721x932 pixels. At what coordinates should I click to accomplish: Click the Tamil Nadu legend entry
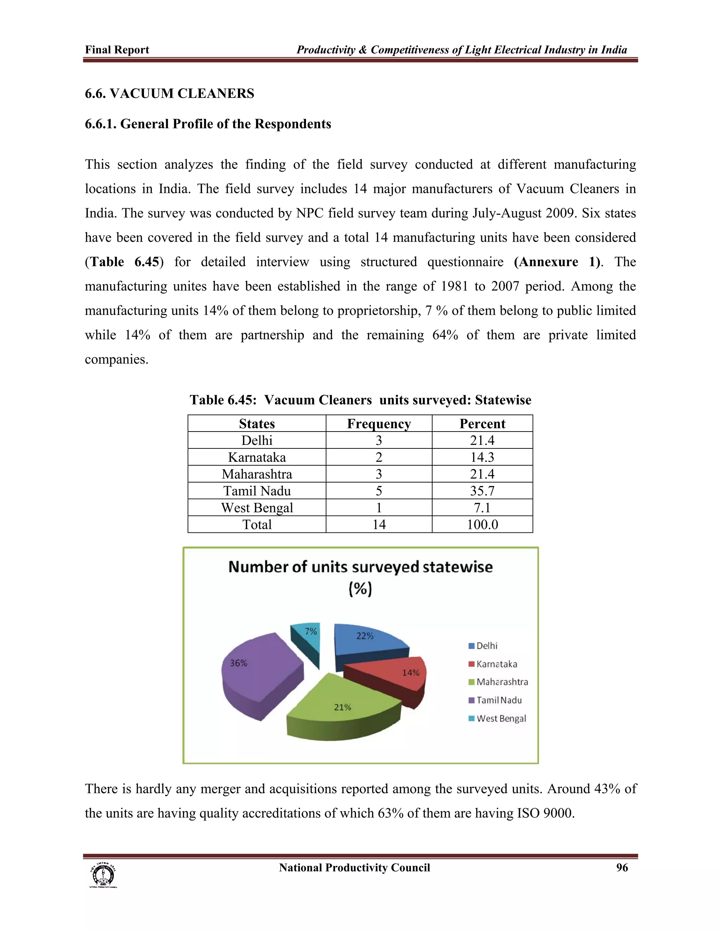coord(499,700)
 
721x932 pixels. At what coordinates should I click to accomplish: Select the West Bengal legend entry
coord(501,719)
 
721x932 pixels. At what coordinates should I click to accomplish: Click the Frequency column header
coord(378,424)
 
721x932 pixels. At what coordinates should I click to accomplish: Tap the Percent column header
coord(482,424)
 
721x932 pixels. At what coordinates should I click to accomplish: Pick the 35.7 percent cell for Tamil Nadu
coord(482,491)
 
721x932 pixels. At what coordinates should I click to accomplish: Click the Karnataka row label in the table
coord(257,457)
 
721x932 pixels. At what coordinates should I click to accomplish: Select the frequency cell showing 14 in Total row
coord(378,524)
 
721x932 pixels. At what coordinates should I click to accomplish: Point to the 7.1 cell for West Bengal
coord(482,508)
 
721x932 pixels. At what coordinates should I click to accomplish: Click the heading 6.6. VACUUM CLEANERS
coord(170,94)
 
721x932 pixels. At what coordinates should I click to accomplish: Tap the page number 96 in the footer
coord(622,868)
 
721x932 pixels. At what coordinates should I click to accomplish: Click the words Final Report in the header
coord(117,50)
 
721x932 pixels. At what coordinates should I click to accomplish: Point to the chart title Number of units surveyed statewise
coord(360,568)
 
